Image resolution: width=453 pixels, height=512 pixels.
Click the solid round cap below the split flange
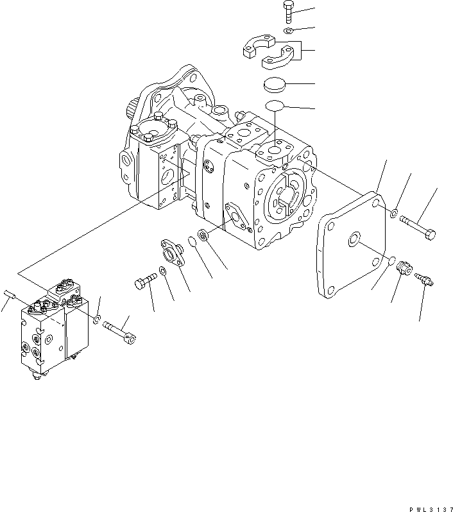click(x=278, y=85)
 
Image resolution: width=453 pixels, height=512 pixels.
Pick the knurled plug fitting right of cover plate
click(x=403, y=268)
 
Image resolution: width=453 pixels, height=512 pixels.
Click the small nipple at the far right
click(x=424, y=280)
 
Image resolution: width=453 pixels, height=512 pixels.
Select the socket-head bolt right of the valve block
click(x=121, y=330)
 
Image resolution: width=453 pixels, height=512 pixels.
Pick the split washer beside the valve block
click(x=96, y=319)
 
